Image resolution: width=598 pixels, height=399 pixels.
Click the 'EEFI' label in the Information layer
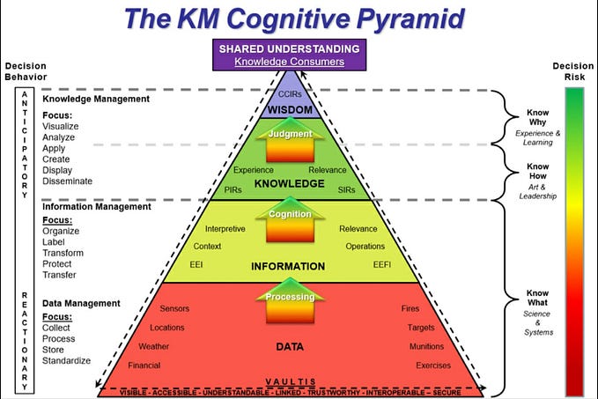pos(382,263)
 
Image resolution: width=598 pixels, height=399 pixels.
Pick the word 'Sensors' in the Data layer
pos(174,309)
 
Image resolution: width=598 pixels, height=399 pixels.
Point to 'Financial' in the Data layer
pos(144,365)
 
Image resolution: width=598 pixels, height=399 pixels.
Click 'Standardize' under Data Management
pos(66,361)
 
